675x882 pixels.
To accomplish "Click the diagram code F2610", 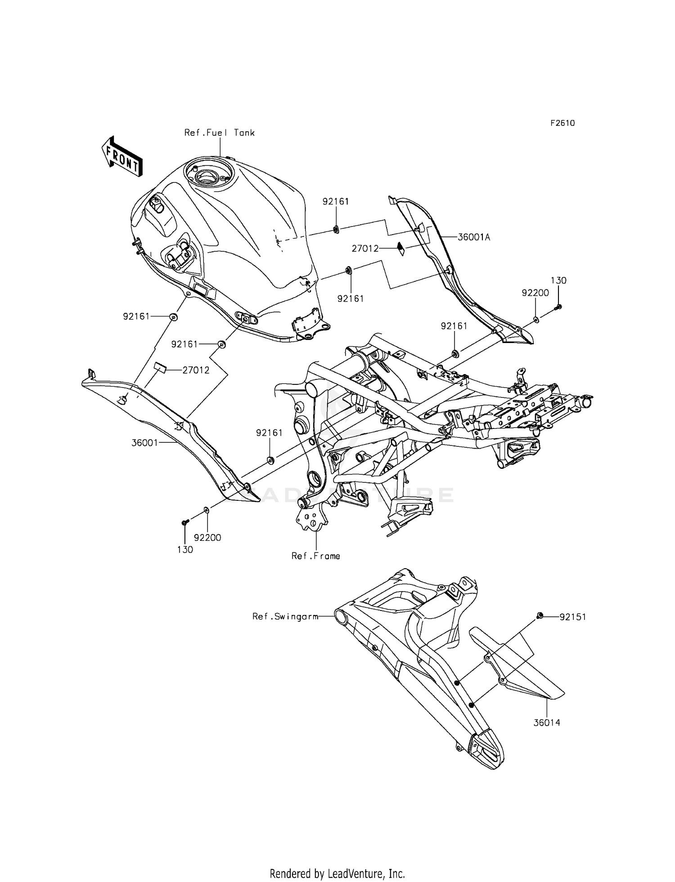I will click(562, 123).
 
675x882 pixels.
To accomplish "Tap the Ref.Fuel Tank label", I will click(220, 133).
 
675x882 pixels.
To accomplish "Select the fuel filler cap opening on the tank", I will click(209, 175).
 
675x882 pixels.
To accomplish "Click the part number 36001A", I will click(473, 237).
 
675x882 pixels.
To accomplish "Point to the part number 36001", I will click(144, 443).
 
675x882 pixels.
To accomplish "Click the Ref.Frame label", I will click(315, 556).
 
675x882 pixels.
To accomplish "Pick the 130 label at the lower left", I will click(185, 549).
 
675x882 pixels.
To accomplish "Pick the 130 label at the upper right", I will click(558, 281).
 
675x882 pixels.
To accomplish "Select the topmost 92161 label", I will click(336, 202).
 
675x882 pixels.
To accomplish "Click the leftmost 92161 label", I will click(136, 316).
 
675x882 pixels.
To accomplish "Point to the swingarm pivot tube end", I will click(341, 616).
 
